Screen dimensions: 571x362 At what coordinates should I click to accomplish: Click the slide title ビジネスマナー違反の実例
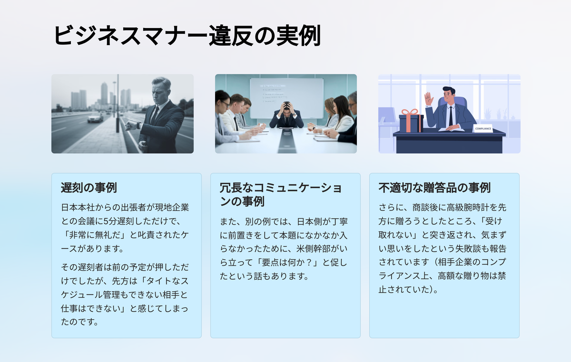click(187, 36)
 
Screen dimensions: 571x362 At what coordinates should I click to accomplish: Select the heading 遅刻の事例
click(89, 188)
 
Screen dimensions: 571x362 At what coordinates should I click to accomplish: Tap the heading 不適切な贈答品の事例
click(434, 188)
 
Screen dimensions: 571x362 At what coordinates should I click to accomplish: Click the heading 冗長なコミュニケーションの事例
click(280, 194)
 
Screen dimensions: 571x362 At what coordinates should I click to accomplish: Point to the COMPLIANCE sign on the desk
click(483, 129)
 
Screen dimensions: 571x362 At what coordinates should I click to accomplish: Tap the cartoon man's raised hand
click(429, 99)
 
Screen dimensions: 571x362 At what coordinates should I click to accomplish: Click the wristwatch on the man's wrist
click(138, 125)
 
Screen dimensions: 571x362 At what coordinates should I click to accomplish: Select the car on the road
click(95, 118)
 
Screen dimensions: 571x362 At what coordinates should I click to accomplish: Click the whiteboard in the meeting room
click(287, 98)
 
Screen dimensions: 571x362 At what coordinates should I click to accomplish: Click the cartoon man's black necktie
click(451, 116)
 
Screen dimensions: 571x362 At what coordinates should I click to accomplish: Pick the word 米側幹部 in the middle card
click(313, 249)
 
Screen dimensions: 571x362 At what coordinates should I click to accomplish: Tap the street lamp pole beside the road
click(118, 104)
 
